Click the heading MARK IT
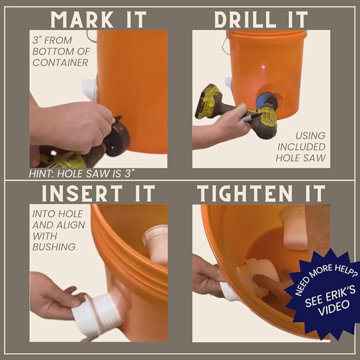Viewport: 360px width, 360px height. click(98, 19)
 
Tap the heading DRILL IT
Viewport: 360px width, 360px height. click(261, 19)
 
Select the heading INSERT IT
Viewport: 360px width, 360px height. click(98, 193)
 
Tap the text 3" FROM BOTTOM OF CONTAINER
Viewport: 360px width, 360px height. click(59, 51)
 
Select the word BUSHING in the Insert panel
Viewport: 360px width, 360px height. click(54, 246)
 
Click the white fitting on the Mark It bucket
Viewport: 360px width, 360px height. click(90, 88)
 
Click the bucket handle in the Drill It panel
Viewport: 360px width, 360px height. click(227, 45)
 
